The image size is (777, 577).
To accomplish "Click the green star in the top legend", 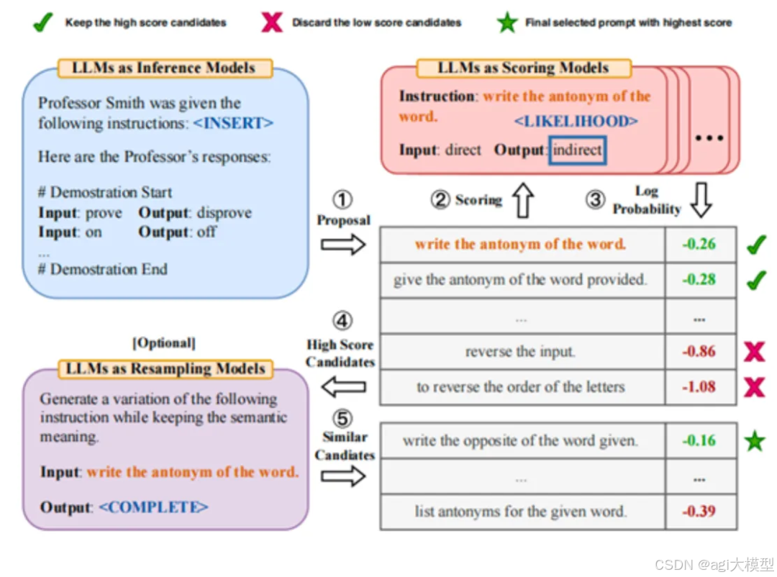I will [508, 22].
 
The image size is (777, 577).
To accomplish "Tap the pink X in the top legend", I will [272, 22].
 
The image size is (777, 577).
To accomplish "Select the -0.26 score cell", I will [699, 245].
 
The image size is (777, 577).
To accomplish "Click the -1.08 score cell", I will [699, 387].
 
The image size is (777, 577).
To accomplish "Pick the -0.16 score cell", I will [699, 440].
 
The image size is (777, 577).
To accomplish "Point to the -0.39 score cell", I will [699, 512].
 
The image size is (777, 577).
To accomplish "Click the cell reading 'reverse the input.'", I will [520, 352].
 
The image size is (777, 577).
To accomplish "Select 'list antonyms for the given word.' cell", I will [520, 512].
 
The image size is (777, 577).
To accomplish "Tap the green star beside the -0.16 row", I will [754, 441].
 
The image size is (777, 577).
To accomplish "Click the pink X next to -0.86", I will [754, 352].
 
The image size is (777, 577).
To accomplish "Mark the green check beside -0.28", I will [755, 279].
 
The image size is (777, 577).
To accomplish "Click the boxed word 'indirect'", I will [578, 150].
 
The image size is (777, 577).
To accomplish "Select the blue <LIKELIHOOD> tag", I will [576, 120].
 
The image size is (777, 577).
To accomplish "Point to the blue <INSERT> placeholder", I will [233, 123].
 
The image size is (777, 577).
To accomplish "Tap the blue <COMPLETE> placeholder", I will [153, 507].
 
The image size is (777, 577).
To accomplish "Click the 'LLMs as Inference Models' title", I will [164, 68].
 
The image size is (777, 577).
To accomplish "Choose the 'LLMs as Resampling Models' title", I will [165, 369].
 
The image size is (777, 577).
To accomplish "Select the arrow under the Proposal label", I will [343, 245].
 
